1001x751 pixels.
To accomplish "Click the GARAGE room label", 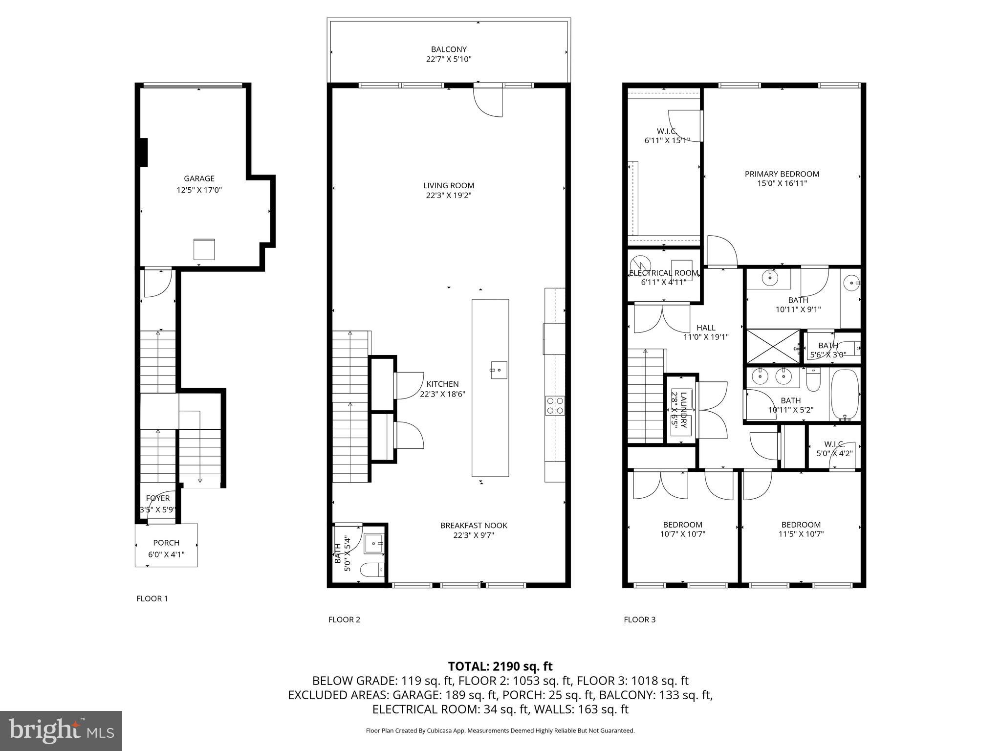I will (199, 178).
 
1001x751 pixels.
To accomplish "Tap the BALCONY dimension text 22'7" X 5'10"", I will (448, 60).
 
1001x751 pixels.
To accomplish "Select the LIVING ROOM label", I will (448, 185).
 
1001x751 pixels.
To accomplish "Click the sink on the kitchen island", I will (499, 370).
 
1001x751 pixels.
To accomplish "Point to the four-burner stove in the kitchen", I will (555, 405).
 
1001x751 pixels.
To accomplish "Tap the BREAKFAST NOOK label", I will (473, 525).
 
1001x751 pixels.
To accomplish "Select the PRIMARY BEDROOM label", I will (782, 174).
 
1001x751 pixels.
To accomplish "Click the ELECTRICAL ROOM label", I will (663, 273).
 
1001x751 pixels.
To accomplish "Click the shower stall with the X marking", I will (772, 347).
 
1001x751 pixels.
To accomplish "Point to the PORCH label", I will (166, 543).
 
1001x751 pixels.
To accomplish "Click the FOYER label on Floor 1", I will (157, 498).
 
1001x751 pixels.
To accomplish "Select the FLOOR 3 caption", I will (639, 619).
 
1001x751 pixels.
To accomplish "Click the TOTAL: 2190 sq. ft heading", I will (500, 666).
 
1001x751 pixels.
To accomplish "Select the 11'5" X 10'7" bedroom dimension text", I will (801, 534).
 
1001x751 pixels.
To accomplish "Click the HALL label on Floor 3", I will (705, 328).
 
